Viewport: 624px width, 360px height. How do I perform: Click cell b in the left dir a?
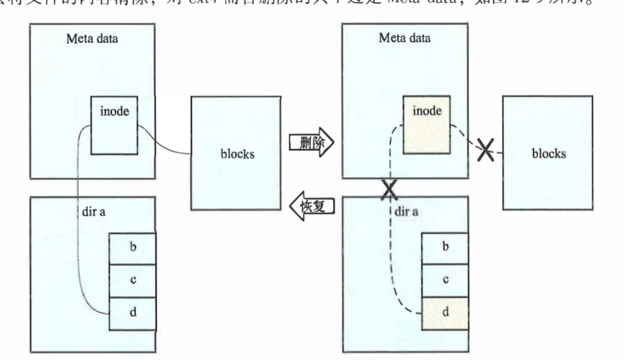[133, 246]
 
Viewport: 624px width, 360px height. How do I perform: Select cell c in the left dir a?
[133, 279]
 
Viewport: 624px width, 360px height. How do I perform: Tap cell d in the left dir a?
[133, 312]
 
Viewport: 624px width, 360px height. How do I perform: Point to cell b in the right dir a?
[446, 246]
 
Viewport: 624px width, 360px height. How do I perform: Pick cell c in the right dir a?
[446, 279]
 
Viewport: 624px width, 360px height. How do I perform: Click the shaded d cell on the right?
[446, 312]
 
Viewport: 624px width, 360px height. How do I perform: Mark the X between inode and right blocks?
[484, 151]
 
